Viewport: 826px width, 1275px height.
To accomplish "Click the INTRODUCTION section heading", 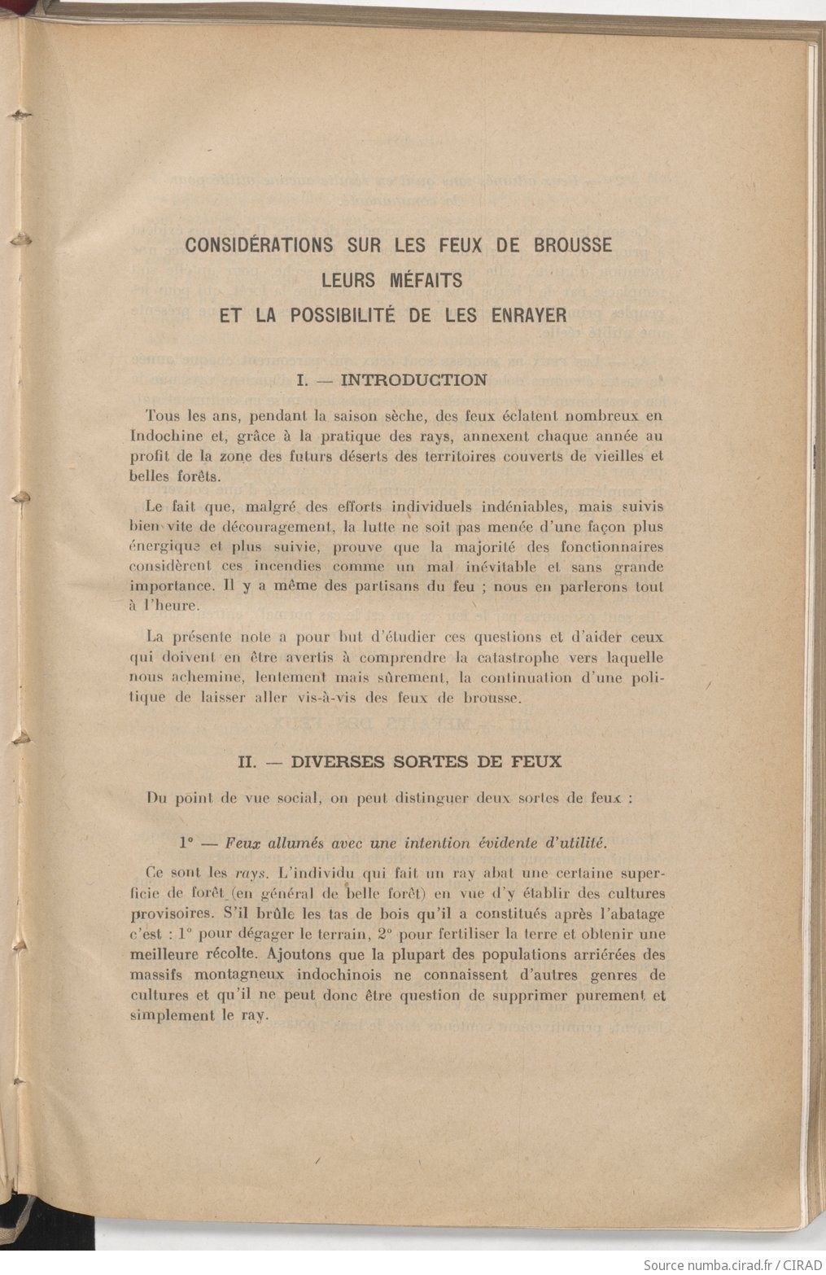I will click(414, 379).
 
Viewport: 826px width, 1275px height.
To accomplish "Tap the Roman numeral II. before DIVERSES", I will click(247, 762).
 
